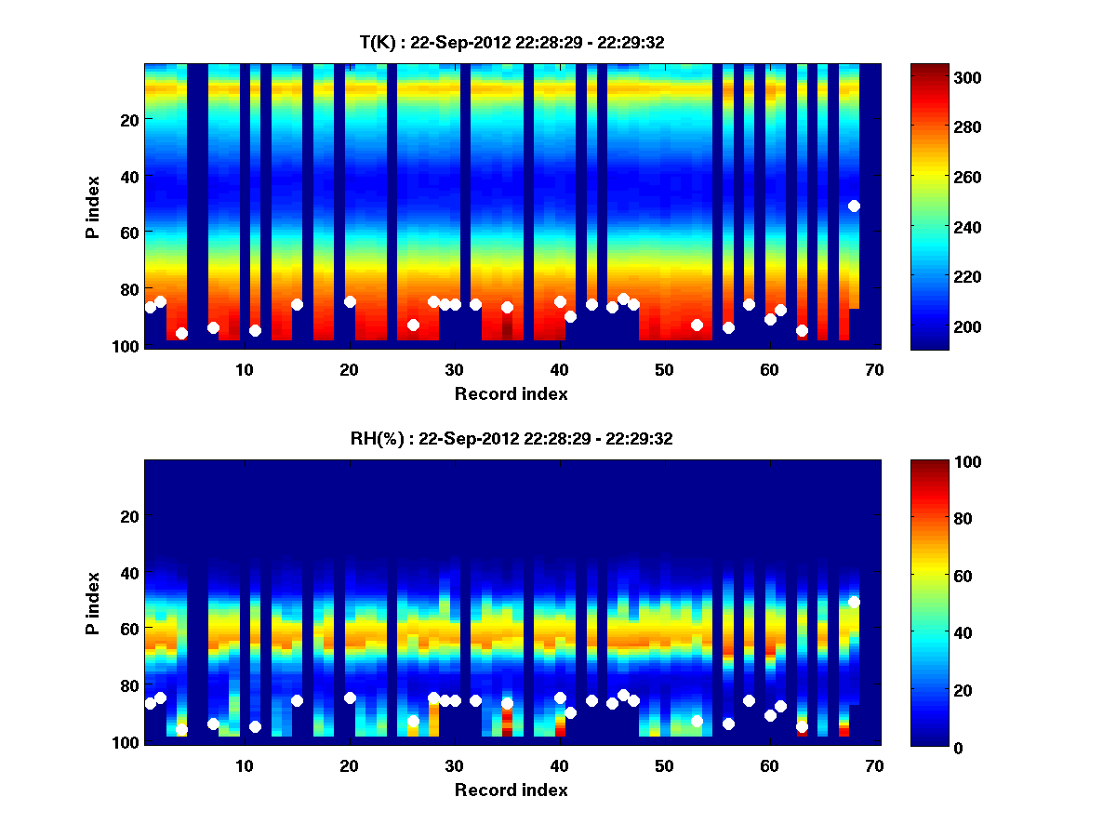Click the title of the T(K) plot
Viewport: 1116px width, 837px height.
511,42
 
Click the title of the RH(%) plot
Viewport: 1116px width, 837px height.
511,439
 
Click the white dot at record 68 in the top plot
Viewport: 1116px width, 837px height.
854,206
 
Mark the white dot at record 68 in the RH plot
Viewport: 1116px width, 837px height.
854,602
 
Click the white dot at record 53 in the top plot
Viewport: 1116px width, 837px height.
697,325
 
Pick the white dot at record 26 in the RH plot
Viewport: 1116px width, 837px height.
413,721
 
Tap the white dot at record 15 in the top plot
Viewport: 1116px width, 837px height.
297,304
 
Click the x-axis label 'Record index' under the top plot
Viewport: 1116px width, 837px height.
511,393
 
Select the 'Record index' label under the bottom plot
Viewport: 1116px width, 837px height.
511,790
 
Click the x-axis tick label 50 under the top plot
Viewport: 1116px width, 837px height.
664,369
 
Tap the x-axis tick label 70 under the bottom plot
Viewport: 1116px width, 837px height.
874,765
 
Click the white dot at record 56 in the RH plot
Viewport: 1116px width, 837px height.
728,724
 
